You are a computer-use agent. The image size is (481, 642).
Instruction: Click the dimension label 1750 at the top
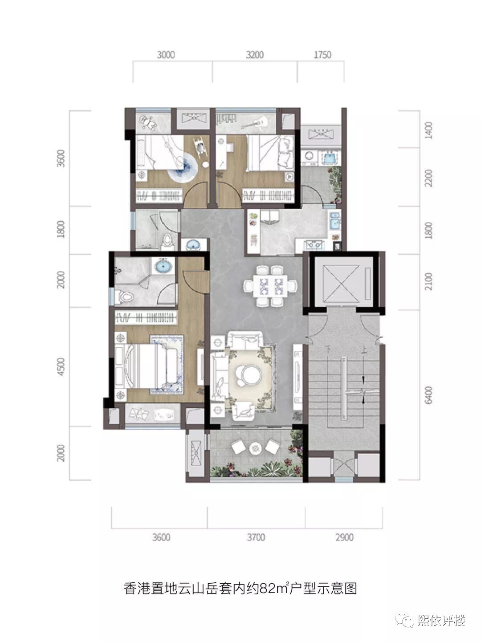[x=322, y=55]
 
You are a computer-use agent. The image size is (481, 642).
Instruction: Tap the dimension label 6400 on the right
[x=428, y=395]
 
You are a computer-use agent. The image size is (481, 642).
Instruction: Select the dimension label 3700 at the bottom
[x=256, y=537]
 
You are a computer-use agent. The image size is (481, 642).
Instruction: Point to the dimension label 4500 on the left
[x=61, y=366]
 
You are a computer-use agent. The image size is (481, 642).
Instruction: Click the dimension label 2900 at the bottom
[x=344, y=537]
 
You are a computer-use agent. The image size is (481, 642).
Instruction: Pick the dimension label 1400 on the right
[x=428, y=130]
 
